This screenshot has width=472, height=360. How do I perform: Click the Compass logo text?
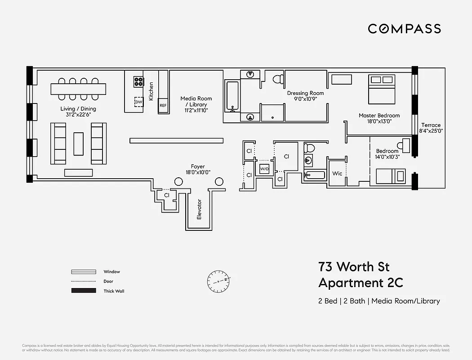click(x=404, y=29)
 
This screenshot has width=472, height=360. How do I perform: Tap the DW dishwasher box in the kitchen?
click(x=138, y=102)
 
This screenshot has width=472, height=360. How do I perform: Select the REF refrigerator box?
click(x=163, y=105)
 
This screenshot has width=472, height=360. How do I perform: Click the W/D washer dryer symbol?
click(x=264, y=169)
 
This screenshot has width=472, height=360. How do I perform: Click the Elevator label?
click(x=199, y=209)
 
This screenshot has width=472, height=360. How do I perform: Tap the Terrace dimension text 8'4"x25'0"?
click(x=431, y=131)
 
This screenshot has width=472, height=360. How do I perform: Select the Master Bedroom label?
click(x=379, y=116)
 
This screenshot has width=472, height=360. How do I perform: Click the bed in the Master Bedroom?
click(x=381, y=88)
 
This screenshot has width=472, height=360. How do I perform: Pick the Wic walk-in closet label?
click(x=337, y=174)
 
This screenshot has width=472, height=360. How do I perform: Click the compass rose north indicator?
click(x=219, y=281)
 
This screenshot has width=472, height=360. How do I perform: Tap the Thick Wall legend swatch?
click(x=84, y=291)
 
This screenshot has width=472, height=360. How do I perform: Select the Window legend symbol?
click(x=84, y=272)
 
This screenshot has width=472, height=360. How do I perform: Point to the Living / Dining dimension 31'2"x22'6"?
click(x=78, y=114)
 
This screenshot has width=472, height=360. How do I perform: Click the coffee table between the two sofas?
click(x=79, y=143)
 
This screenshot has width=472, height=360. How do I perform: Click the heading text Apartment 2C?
click(x=361, y=283)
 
